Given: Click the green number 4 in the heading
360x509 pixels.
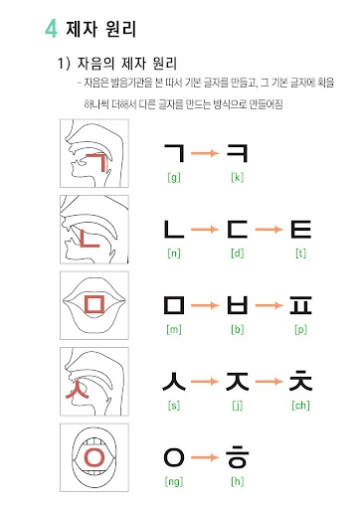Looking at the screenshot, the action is coord(52,29).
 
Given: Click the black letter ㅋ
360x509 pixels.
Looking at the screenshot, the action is coord(237,153).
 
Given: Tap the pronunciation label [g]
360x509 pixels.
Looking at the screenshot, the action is coord(174,177).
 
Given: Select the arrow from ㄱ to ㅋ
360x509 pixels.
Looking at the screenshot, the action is coord(205,153).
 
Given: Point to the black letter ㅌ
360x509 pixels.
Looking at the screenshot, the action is coord(301,230).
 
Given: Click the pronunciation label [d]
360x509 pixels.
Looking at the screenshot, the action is coord(238,254).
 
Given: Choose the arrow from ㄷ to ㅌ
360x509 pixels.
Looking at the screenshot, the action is coord(270,230).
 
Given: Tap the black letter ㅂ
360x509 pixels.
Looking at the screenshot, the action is coord(238,305).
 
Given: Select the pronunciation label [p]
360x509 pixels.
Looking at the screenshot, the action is coord(301,330).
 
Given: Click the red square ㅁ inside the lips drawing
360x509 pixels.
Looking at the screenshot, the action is coord(94,304).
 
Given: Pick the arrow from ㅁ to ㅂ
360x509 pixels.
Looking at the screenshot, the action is coord(205,305).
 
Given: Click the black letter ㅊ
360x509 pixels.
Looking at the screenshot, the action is coord(300,381).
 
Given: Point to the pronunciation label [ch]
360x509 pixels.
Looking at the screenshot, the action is coord(300,406).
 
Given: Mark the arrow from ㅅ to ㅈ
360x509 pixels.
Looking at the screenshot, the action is coord(205,382).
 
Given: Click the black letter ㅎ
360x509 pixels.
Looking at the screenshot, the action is coord(238,456).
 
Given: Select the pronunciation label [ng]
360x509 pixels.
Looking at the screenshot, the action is coord(174,481).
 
